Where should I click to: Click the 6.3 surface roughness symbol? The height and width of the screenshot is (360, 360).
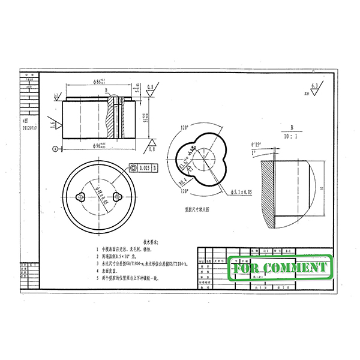pos(312,89)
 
